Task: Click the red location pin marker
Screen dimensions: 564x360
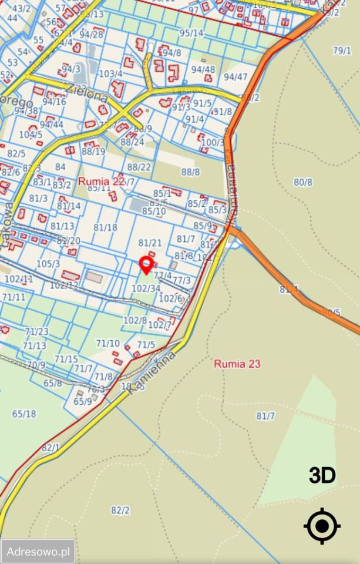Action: click(x=146, y=264)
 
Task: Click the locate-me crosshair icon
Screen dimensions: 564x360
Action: click(x=322, y=526)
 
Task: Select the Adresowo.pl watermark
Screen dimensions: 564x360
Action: click(x=38, y=552)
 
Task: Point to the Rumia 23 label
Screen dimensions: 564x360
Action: click(x=237, y=364)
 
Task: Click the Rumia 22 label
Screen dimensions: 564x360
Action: click(x=102, y=181)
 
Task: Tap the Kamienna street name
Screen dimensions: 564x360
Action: click(x=152, y=373)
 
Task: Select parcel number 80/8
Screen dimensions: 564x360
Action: click(x=302, y=182)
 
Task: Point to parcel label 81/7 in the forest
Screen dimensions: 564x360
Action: click(x=265, y=416)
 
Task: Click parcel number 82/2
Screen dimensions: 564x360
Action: click(x=120, y=510)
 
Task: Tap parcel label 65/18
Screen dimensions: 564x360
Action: click(x=24, y=414)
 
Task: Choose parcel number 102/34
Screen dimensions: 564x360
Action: click(x=146, y=288)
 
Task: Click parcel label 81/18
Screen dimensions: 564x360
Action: click(x=105, y=227)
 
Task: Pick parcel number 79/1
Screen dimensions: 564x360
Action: click(x=342, y=51)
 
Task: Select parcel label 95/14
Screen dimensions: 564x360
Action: click(x=191, y=33)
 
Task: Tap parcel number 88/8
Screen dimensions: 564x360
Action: click(x=190, y=172)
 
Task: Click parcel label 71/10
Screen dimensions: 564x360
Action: click(x=107, y=343)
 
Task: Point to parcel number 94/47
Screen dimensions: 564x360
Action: click(x=235, y=76)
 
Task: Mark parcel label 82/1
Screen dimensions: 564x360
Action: click(x=51, y=448)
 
